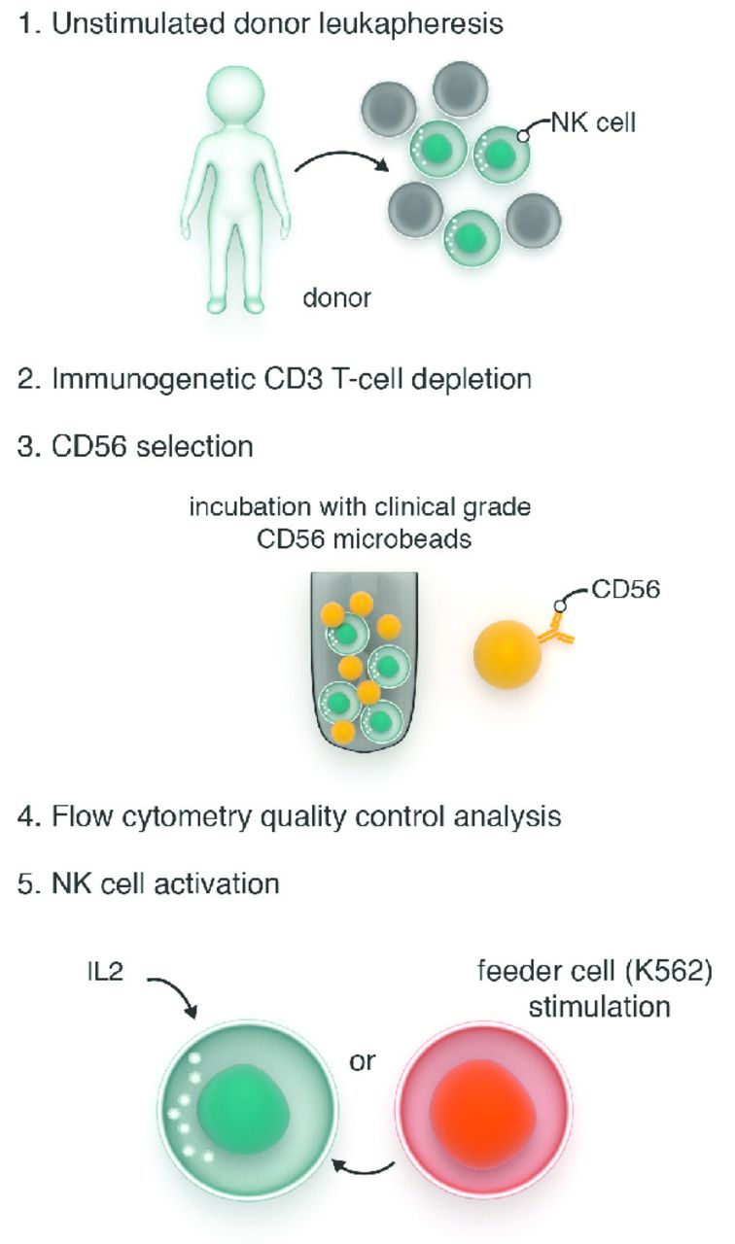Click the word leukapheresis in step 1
[x=410, y=24]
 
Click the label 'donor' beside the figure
[x=336, y=298]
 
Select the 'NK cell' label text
[x=593, y=122]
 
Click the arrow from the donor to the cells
[x=341, y=156]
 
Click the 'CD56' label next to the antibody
[x=625, y=589]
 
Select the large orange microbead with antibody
[x=507, y=654]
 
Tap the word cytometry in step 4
[x=186, y=816]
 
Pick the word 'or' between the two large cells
[x=363, y=1062]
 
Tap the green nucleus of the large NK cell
[x=243, y=1115]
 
